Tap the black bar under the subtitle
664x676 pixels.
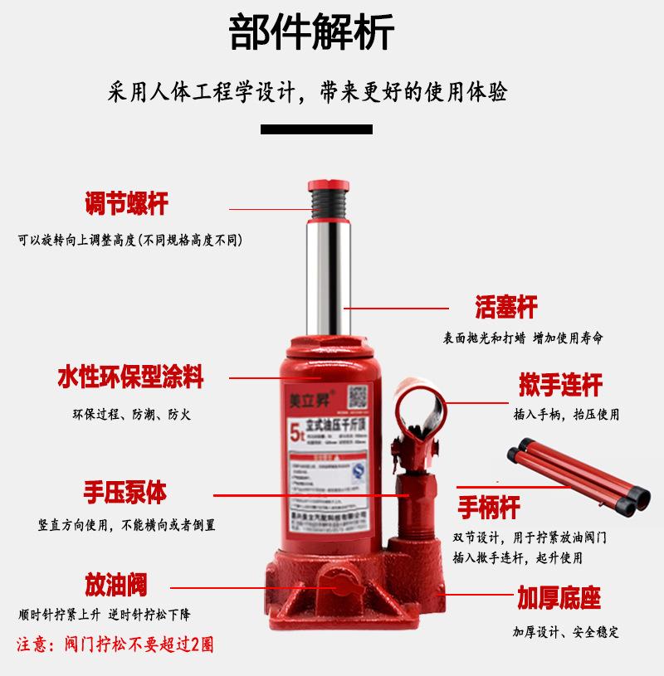(316, 129)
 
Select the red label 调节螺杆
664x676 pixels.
(126, 203)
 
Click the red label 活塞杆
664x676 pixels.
(506, 307)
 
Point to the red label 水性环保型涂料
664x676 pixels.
(130, 377)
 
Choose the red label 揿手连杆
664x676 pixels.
(560, 385)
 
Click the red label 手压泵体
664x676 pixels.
(124, 493)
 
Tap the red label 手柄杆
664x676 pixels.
(500, 506)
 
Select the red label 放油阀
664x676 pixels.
(115, 585)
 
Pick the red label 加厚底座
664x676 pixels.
(559, 597)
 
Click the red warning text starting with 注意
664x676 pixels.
(115, 644)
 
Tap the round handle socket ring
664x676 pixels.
(422, 407)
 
